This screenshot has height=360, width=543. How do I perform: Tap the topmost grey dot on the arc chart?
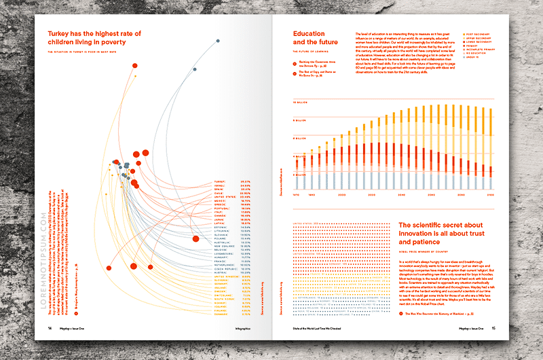click(218, 41)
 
